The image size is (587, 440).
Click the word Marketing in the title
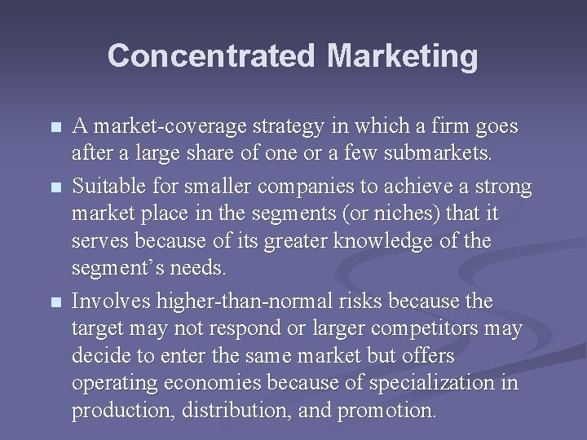tap(403, 56)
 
